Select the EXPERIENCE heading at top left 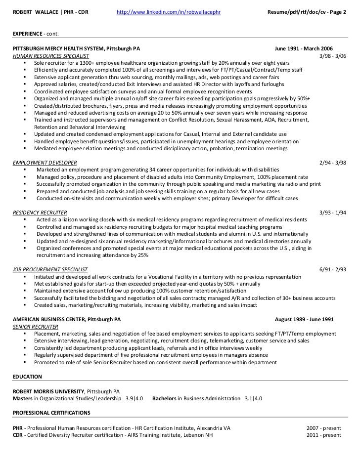pyautogui.click(x=27, y=34)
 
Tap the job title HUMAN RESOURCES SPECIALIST pyautogui.click(x=47, y=57)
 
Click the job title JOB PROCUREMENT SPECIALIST pyautogui.click(x=49, y=269)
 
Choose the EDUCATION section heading pyautogui.click(x=27, y=377)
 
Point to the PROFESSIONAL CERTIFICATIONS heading pyautogui.click(x=51, y=412)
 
